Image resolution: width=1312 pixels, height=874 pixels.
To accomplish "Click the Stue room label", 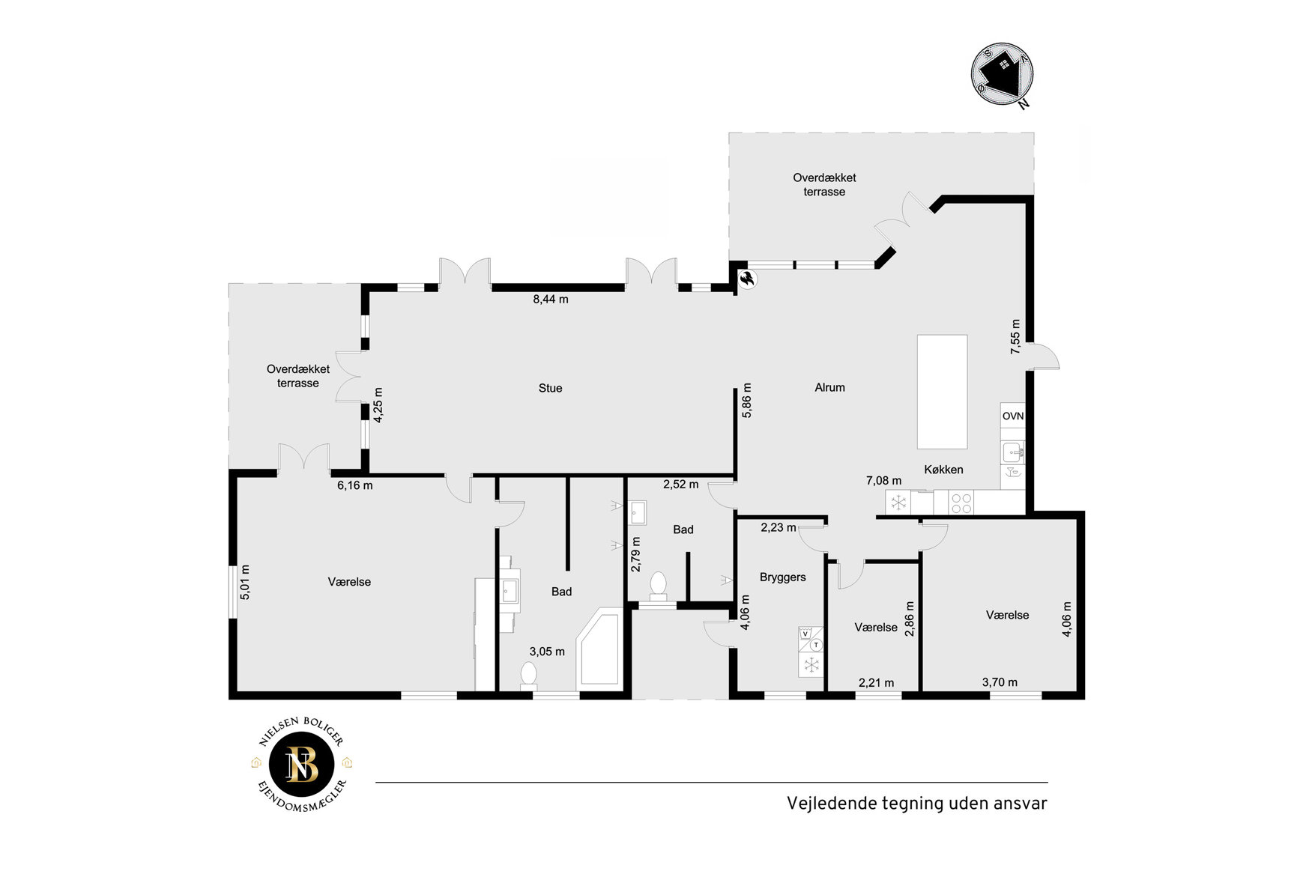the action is click(x=550, y=388).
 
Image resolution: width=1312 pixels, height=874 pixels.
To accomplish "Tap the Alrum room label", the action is click(x=829, y=387).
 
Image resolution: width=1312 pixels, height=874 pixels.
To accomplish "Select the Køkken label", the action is click(x=943, y=470).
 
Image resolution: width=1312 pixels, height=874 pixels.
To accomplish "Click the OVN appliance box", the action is click(x=1012, y=416).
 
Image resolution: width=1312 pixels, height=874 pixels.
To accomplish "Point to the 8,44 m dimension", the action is click(x=551, y=300).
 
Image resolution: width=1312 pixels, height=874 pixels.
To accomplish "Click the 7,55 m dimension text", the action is click(x=1015, y=336).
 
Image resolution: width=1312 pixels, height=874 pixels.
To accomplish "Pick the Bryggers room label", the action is click(x=782, y=577).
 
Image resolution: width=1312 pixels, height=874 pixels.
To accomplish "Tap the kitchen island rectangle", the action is click(x=942, y=392).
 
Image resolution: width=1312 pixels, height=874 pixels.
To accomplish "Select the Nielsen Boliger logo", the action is click(x=302, y=765).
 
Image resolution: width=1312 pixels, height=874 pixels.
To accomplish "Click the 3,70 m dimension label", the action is click(x=1000, y=682).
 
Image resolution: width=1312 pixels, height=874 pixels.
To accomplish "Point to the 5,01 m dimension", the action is click(x=245, y=582).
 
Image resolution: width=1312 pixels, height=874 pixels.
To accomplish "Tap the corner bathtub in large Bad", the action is click(x=599, y=649).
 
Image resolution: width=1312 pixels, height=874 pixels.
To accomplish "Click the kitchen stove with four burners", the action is click(x=962, y=503).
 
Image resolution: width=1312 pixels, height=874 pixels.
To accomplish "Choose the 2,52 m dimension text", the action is click(x=680, y=485).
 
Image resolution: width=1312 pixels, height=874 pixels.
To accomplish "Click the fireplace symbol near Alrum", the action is click(x=748, y=280).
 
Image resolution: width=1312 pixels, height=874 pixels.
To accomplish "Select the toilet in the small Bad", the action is click(x=659, y=586).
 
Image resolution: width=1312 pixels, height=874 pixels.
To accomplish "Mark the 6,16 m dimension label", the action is click(x=354, y=485).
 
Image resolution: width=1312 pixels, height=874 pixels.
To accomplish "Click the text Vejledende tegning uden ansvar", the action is click(x=916, y=804).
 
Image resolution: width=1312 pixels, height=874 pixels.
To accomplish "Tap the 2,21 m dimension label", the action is click(x=876, y=682).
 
